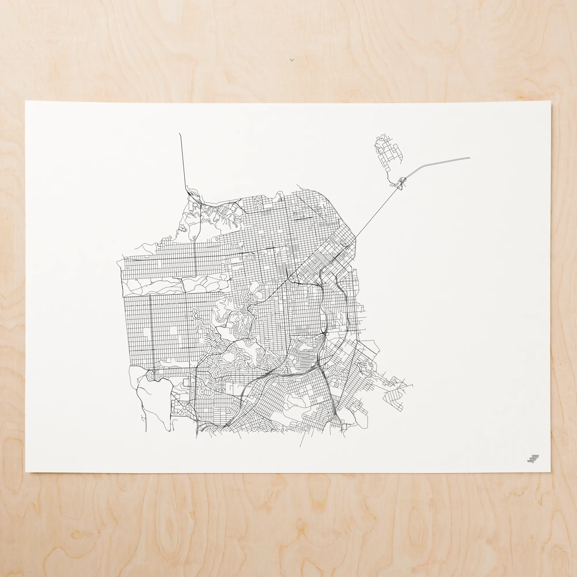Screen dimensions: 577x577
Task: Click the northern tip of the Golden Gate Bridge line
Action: tap(179, 134)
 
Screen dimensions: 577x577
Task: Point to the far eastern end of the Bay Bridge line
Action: tap(469, 158)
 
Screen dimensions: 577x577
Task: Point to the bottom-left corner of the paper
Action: tap(26, 472)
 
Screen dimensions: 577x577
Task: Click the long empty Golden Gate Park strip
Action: tap(176, 285)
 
